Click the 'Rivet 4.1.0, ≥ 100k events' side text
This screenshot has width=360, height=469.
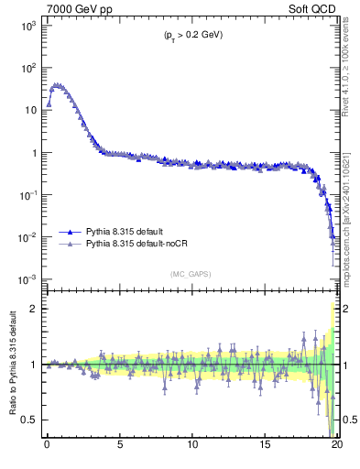(350, 73)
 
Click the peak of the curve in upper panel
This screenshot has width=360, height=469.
(58, 85)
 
